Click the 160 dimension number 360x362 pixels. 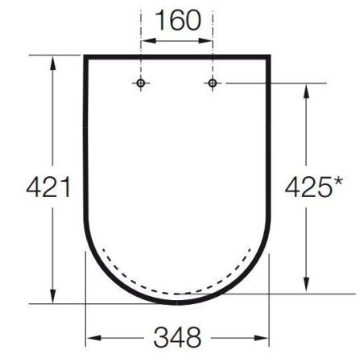pos(178,20)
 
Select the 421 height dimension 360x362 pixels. pos(48,187)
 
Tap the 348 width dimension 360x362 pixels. pos(177,337)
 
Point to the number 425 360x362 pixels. pos(308,187)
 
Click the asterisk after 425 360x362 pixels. pos(337,182)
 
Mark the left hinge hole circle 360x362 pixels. pos(141,83)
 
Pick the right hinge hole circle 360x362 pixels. pos(213,83)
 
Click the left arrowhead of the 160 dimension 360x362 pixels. pos(148,41)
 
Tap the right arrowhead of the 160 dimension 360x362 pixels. pos(205,41)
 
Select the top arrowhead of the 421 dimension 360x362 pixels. pos(53,63)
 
